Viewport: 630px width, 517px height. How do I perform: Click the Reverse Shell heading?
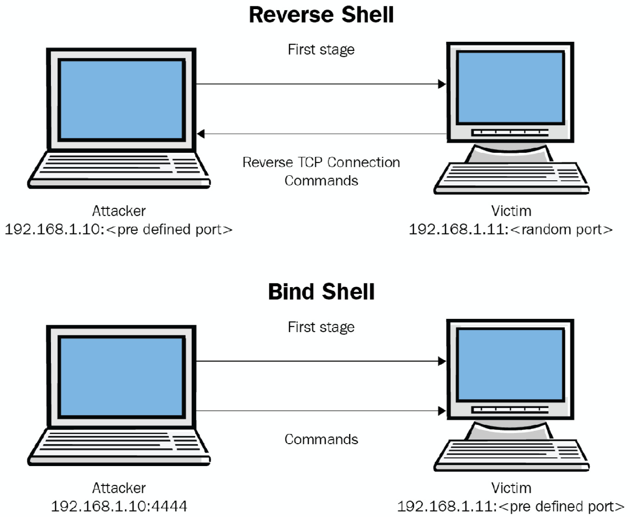tap(321, 14)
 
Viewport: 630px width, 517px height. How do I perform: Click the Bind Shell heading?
tap(321, 292)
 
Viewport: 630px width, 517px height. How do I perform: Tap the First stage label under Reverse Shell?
tap(321, 50)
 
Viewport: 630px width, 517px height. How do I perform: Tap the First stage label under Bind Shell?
tap(321, 327)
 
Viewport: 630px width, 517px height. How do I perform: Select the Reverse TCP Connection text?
tap(321, 162)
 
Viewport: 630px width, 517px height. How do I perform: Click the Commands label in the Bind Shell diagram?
tap(321, 439)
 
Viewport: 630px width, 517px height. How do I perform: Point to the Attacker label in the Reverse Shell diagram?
tap(119, 211)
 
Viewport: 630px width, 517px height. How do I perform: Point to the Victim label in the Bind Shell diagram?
tap(511, 488)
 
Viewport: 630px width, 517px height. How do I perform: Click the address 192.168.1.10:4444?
tap(119, 506)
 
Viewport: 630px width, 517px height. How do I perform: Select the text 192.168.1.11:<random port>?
tap(510, 229)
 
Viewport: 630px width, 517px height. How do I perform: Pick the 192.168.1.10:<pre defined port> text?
tap(118, 229)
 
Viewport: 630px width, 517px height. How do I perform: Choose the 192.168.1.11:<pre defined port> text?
tap(510, 506)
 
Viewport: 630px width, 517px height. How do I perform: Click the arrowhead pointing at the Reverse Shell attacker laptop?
tap(201, 134)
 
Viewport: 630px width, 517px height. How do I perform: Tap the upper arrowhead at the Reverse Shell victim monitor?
tap(442, 84)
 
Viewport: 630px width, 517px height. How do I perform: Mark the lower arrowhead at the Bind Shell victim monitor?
tap(442, 411)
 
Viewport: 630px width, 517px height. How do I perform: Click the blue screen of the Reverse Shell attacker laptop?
tap(121, 99)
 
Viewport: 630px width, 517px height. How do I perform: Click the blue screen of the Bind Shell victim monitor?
tap(510, 365)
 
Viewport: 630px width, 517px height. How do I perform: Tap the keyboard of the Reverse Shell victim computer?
tap(511, 177)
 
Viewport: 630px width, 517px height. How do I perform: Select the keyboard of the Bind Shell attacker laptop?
tap(118, 445)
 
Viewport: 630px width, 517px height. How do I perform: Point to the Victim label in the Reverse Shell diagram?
tap(511, 211)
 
